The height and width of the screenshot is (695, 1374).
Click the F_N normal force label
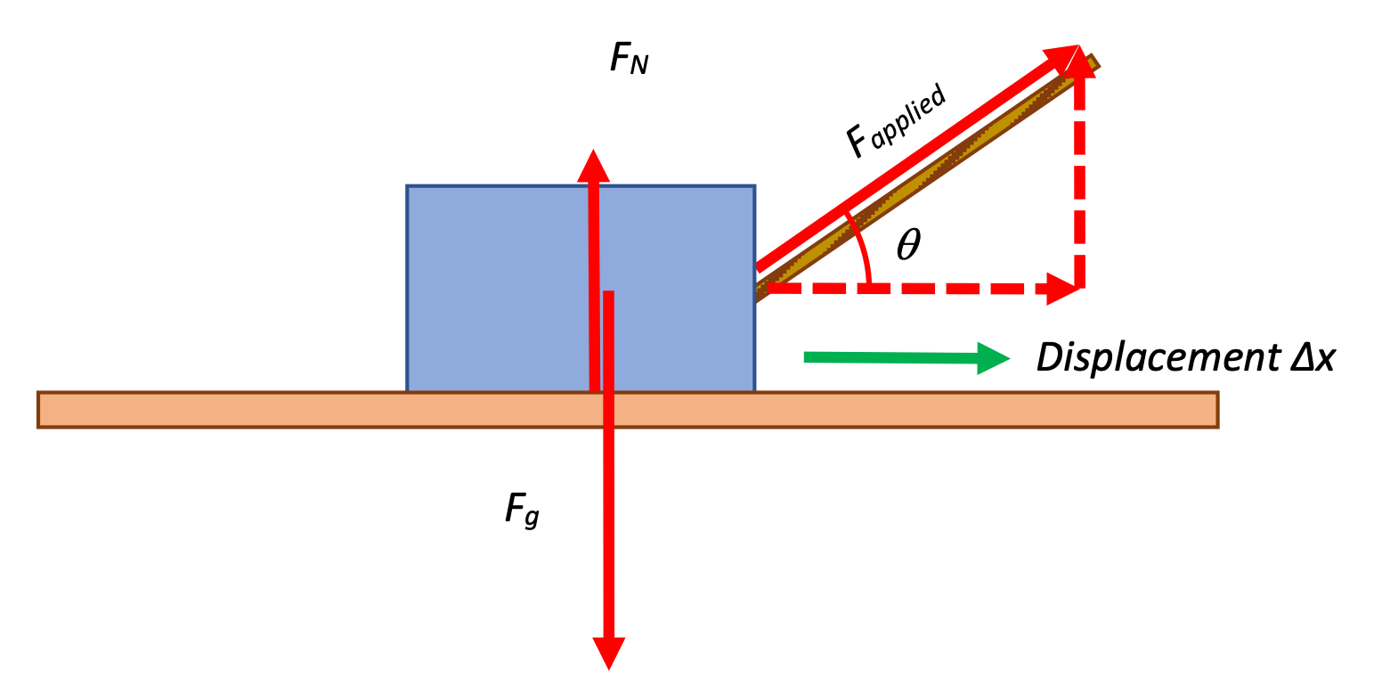point(630,58)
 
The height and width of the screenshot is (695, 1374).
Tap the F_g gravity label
point(522,511)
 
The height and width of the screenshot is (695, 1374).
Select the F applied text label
point(896,121)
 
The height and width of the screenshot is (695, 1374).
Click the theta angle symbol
point(908,244)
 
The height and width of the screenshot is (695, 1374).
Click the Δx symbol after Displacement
point(1313,356)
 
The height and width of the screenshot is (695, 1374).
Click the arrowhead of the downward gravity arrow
point(608,653)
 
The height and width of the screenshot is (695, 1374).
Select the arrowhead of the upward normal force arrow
point(593,166)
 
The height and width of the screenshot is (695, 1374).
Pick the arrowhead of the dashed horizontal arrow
point(1062,289)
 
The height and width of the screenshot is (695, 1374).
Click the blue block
point(581,288)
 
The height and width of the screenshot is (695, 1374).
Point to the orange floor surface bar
point(628,410)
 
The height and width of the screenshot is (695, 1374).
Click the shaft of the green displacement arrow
point(890,358)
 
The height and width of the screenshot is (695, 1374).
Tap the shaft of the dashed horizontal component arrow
point(907,289)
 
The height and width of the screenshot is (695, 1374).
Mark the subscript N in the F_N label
point(639,65)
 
